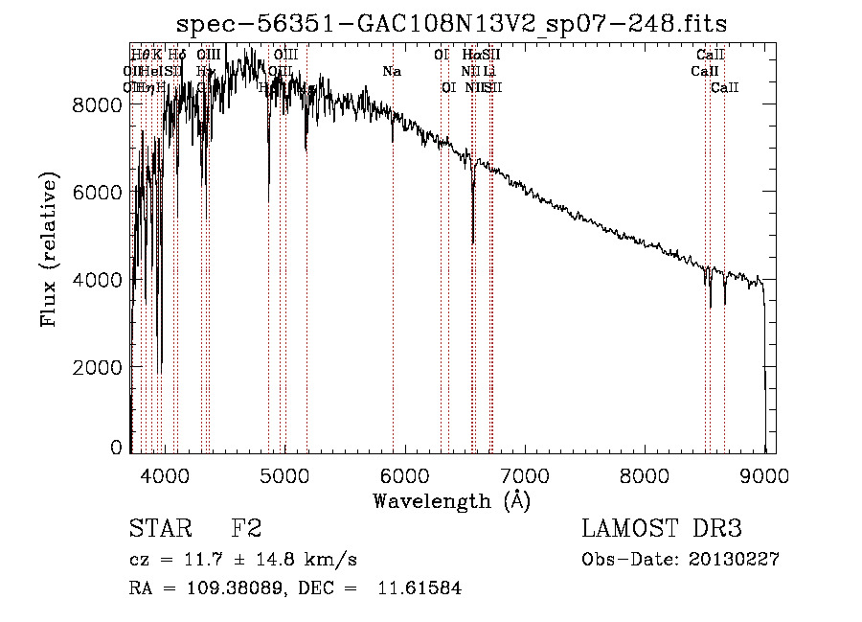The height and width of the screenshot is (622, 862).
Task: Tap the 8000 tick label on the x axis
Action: pos(644,474)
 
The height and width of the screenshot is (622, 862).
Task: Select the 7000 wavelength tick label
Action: pos(524,474)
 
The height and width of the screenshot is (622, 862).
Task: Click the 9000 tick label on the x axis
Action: pos(764,474)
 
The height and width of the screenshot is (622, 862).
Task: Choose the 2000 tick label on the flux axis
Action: pos(99,367)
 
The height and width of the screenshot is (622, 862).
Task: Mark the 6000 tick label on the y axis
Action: pos(99,192)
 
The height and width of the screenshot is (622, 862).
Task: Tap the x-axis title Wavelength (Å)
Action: pos(451,500)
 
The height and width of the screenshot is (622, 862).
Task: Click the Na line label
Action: pos(391,71)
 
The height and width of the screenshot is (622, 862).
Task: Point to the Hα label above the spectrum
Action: pos(469,56)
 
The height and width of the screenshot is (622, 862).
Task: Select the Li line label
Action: pos(489,71)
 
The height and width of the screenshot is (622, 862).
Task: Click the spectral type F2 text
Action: pos(246,529)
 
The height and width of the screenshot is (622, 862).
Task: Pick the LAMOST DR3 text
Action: pos(661,529)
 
